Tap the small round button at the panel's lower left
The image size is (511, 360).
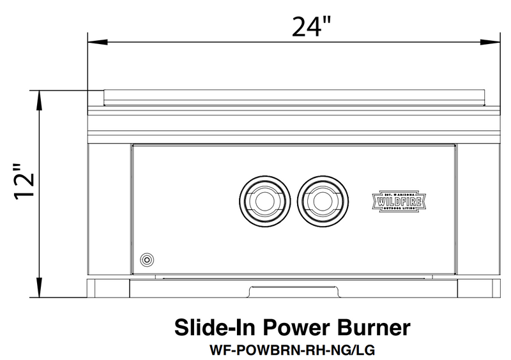148,259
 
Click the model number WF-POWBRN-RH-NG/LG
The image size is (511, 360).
292,350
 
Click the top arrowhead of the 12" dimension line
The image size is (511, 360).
40,98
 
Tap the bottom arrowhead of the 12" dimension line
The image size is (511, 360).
40,291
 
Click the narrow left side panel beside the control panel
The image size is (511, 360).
109,211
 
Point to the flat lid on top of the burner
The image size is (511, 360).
294,96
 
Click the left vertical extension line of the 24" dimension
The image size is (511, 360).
88,64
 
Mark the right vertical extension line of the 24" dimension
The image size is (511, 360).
500,64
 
